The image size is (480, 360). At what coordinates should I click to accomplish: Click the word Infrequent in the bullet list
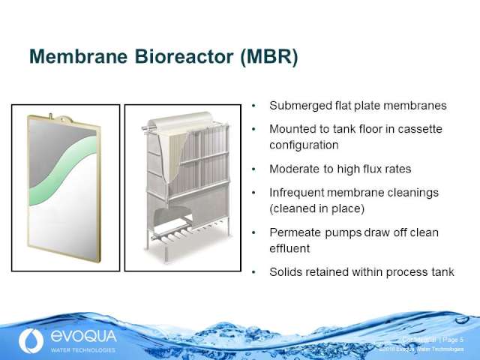tap(297, 193)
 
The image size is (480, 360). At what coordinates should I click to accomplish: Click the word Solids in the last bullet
tap(286, 271)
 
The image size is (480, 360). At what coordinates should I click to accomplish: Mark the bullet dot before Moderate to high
tap(256, 169)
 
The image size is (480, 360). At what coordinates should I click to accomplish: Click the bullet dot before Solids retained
tap(256, 272)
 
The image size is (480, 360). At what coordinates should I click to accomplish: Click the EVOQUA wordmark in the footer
tap(82, 337)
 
